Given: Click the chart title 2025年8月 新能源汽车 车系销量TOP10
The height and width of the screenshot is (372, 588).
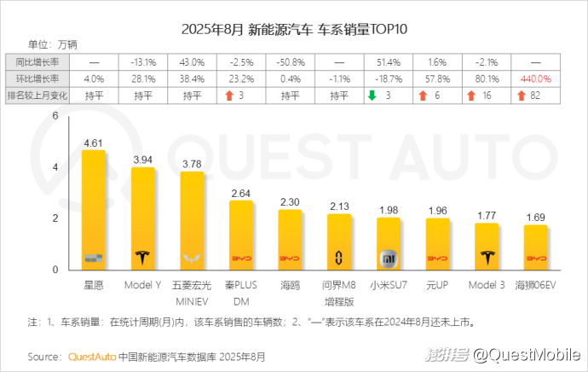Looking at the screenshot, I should tap(294, 28).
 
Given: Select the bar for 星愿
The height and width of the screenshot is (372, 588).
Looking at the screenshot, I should tap(93, 210).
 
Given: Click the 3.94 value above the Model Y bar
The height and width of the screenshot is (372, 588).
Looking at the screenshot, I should tap(142, 160).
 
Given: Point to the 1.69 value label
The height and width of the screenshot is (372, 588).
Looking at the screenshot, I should tap(535, 218).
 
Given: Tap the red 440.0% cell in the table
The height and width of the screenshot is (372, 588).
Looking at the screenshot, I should tap(536, 78).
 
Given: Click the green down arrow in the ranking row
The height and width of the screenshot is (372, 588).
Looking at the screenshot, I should tap(372, 95).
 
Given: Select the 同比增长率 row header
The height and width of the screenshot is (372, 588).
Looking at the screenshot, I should tap(37, 62).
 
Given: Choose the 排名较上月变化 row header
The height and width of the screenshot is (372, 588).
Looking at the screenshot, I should tap(37, 95).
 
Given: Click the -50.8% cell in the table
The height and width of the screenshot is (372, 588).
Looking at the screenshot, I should tap(290, 62).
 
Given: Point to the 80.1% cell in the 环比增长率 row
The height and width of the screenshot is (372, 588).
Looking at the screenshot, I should tap(487, 78).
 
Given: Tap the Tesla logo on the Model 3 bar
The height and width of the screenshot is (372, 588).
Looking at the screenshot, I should tap(487, 258).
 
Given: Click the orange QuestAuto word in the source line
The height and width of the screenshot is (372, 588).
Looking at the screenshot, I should tap(91, 356).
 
